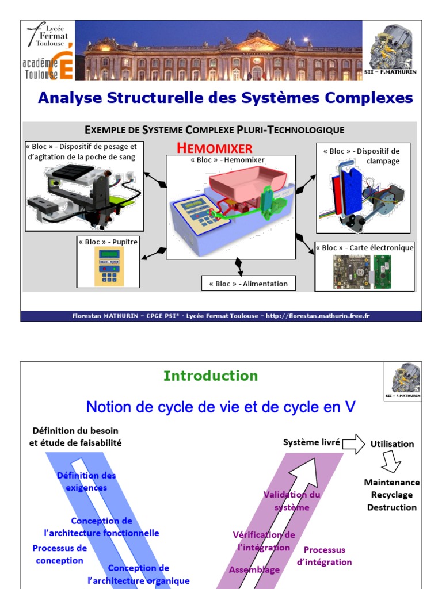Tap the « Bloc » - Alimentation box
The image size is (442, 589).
(248, 284)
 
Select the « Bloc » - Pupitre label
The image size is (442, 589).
(108, 242)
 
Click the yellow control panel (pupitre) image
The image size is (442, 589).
(109, 267)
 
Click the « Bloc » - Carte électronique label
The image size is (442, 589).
(365, 248)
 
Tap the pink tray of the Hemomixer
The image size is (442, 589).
(249, 185)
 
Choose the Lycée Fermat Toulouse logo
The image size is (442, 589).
(49, 35)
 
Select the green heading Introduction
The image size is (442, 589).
(211, 376)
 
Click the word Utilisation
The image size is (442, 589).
(392, 444)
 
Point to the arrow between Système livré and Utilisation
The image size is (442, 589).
(353, 443)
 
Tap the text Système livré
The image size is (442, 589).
(311, 443)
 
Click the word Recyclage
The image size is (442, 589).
(392, 495)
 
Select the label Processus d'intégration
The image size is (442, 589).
(324, 556)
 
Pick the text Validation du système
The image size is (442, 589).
(292, 501)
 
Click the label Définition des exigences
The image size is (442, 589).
(86, 481)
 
